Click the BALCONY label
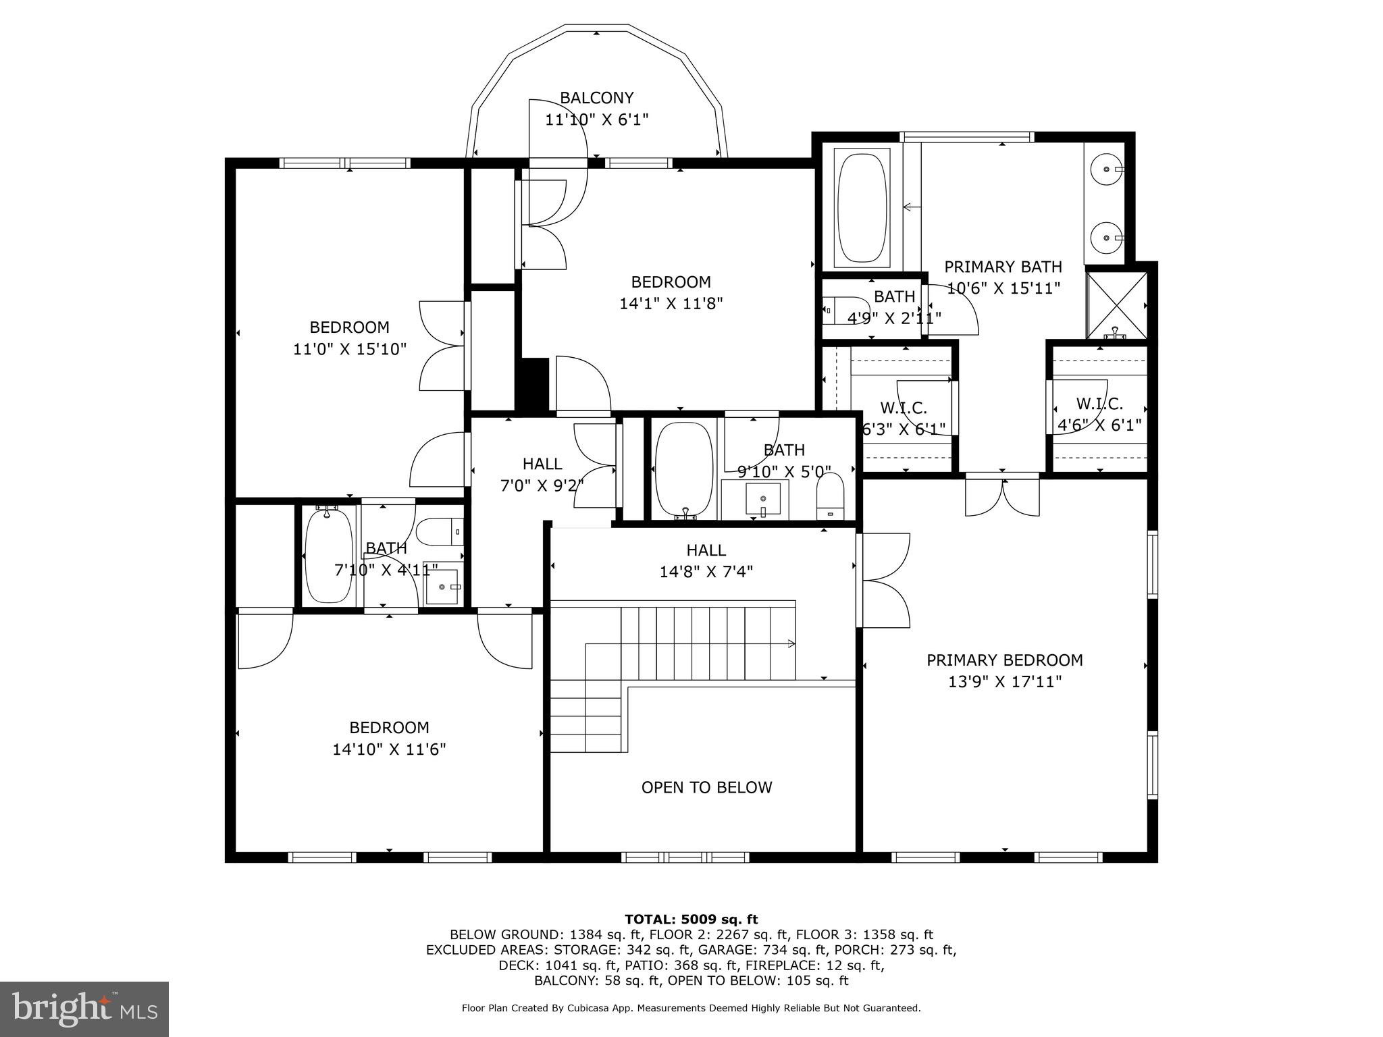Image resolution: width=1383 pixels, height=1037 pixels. pyautogui.click(x=596, y=98)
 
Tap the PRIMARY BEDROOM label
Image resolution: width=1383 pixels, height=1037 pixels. pyautogui.click(x=1004, y=660)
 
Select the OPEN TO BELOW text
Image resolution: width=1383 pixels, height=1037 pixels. pyautogui.click(x=706, y=787)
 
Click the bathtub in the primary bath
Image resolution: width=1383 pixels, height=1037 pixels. pyautogui.click(x=861, y=207)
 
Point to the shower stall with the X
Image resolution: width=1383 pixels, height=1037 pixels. pyautogui.click(x=1117, y=304)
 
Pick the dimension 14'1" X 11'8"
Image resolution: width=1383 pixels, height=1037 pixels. pyautogui.click(x=671, y=304)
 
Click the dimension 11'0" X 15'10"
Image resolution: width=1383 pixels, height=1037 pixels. pyautogui.click(x=349, y=349)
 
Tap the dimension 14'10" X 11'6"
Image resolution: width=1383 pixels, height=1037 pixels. pyautogui.click(x=389, y=749)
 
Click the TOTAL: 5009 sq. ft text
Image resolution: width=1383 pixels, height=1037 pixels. pyautogui.click(x=691, y=919)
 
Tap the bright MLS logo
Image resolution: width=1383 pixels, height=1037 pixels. pyautogui.click(x=84, y=1009)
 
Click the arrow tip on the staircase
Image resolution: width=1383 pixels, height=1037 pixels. pyautogui.click(x=793, y=644)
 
